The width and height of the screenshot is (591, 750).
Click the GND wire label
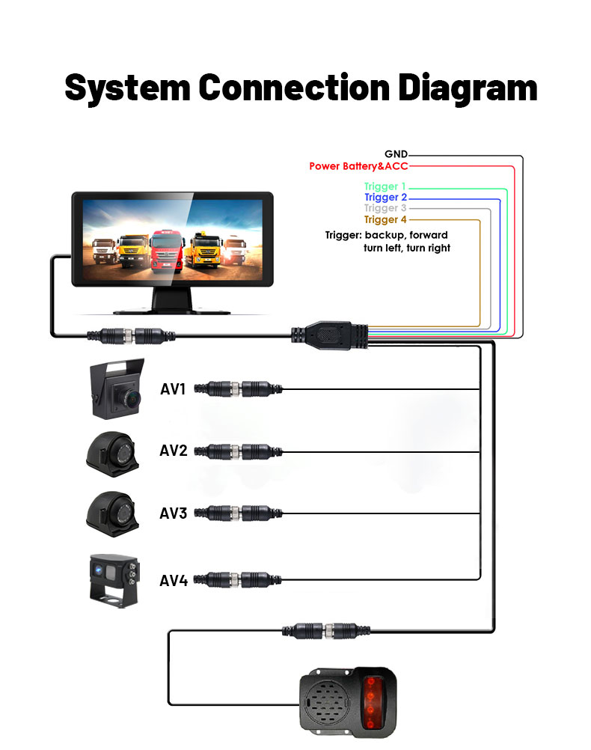coord(396,154)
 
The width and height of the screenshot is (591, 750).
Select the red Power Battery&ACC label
coord(358,165)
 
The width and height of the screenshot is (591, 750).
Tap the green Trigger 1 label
coord(385,186)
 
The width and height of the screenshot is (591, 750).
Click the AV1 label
coord(174,388)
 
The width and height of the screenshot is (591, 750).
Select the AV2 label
coord(174,451)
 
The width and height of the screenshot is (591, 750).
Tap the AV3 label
coord(174,513)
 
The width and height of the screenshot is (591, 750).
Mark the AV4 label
coord(174,579)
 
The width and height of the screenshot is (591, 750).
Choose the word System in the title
coord(127,88)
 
